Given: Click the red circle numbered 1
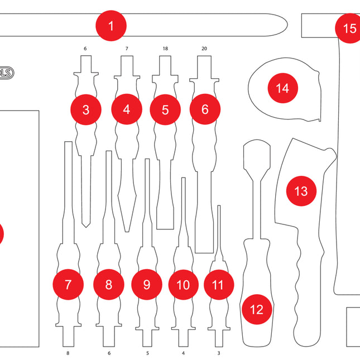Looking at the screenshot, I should (111, 26).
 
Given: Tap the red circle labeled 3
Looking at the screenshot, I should (85, 109).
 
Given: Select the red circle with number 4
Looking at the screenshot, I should (127, 109).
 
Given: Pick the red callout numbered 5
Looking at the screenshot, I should (165, 109).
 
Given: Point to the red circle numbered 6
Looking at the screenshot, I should (205, 109).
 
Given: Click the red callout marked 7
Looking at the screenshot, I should (68, 285).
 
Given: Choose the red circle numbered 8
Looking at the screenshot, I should (108, 285).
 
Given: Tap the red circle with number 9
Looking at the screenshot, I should (146, 285).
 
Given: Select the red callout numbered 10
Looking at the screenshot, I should (183, 285).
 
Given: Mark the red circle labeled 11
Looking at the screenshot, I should (218, 285).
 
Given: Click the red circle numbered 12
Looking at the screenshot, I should (256, 309).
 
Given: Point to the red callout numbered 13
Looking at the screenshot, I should (301, 191).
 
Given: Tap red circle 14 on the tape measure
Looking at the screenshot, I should (282, 88).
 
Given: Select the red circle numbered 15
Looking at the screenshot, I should (349, 28).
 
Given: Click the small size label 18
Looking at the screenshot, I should (165, 49).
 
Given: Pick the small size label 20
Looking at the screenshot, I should (204, 49).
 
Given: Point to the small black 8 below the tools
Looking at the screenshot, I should (68, 353).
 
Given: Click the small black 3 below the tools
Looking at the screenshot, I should (218, 353).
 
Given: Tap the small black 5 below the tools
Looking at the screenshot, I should (147, 353).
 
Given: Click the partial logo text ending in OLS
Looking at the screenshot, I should (6, 73).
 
